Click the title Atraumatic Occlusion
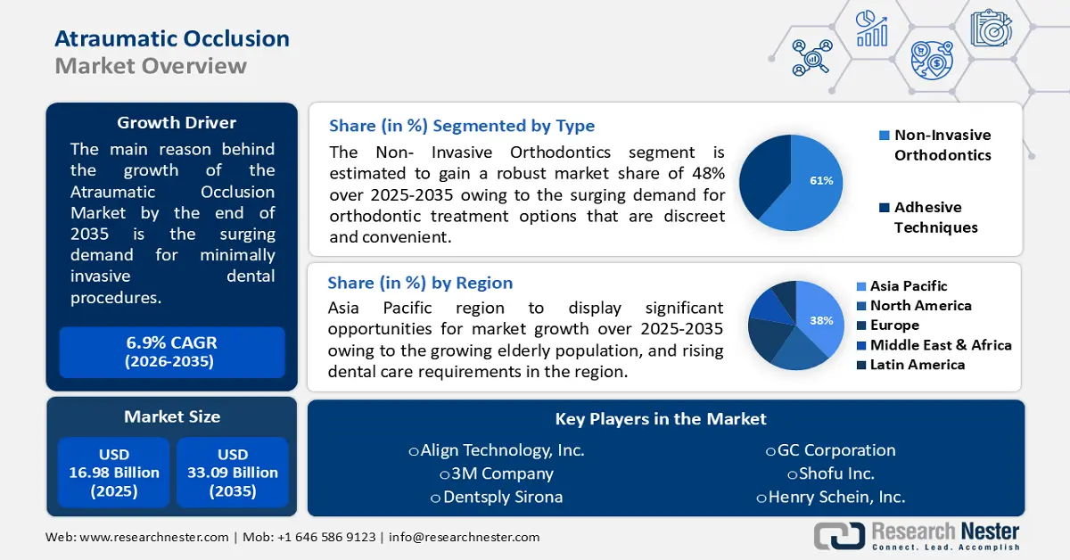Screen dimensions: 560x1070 point(172,38)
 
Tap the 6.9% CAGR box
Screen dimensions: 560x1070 point(172,351)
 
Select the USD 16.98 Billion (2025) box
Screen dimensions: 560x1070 point(114,473)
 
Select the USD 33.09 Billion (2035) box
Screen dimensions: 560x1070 point(233,473)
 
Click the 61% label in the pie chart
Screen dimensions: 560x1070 point(820,181)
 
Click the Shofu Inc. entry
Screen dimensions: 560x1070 point(830,474)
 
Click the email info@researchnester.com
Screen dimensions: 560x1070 point(464,537)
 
